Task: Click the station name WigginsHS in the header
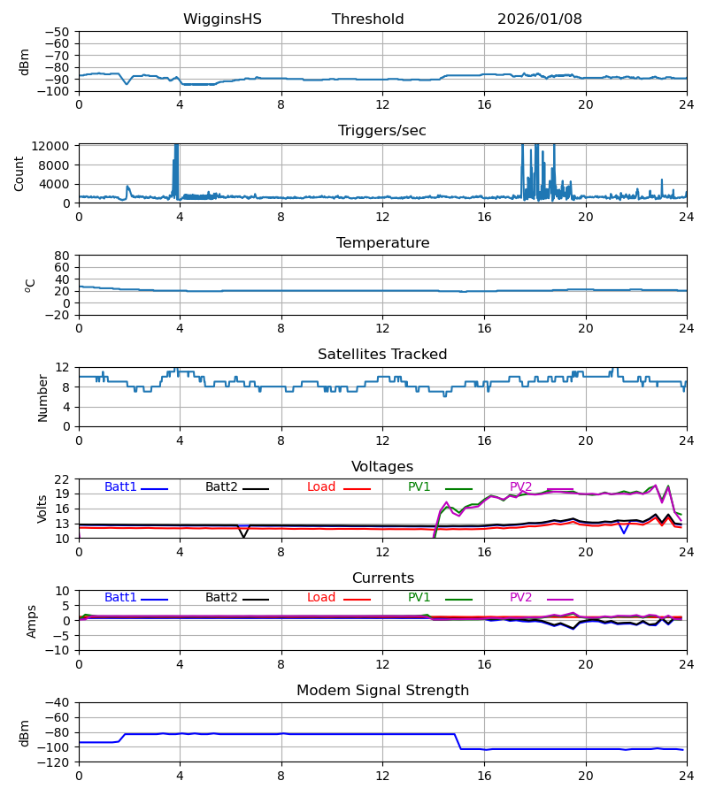(222, 19)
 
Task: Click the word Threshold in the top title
(367, 19)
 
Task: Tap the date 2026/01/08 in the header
(539, 19)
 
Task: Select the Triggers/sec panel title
(381, 131)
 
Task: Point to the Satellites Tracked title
(381, 355)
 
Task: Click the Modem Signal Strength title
(381, 691)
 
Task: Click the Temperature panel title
(382, 243)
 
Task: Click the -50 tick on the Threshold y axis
(61, 32)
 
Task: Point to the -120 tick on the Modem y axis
(58, 762)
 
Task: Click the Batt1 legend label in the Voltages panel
(120, 487)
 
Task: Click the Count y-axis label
(19, 173)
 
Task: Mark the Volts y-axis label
(42, 509)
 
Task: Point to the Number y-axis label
(42, 397)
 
